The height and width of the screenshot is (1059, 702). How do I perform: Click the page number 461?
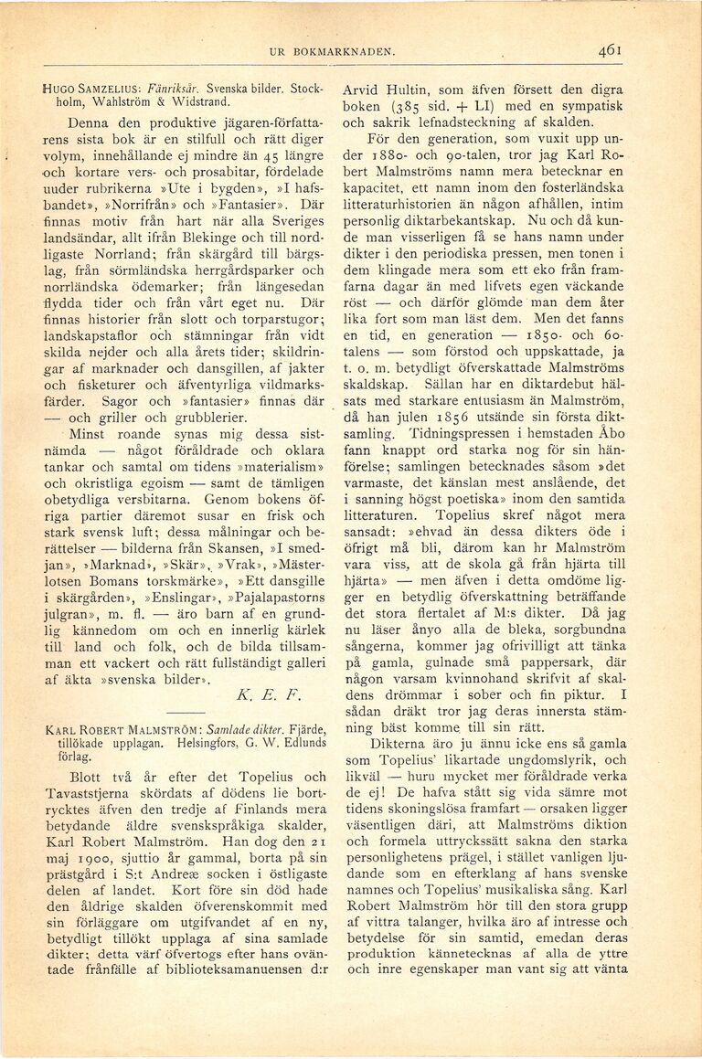pos(611,52)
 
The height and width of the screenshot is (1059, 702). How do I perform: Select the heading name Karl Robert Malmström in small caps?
pos(125,732)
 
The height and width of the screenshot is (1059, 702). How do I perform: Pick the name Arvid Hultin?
pos(382,91)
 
